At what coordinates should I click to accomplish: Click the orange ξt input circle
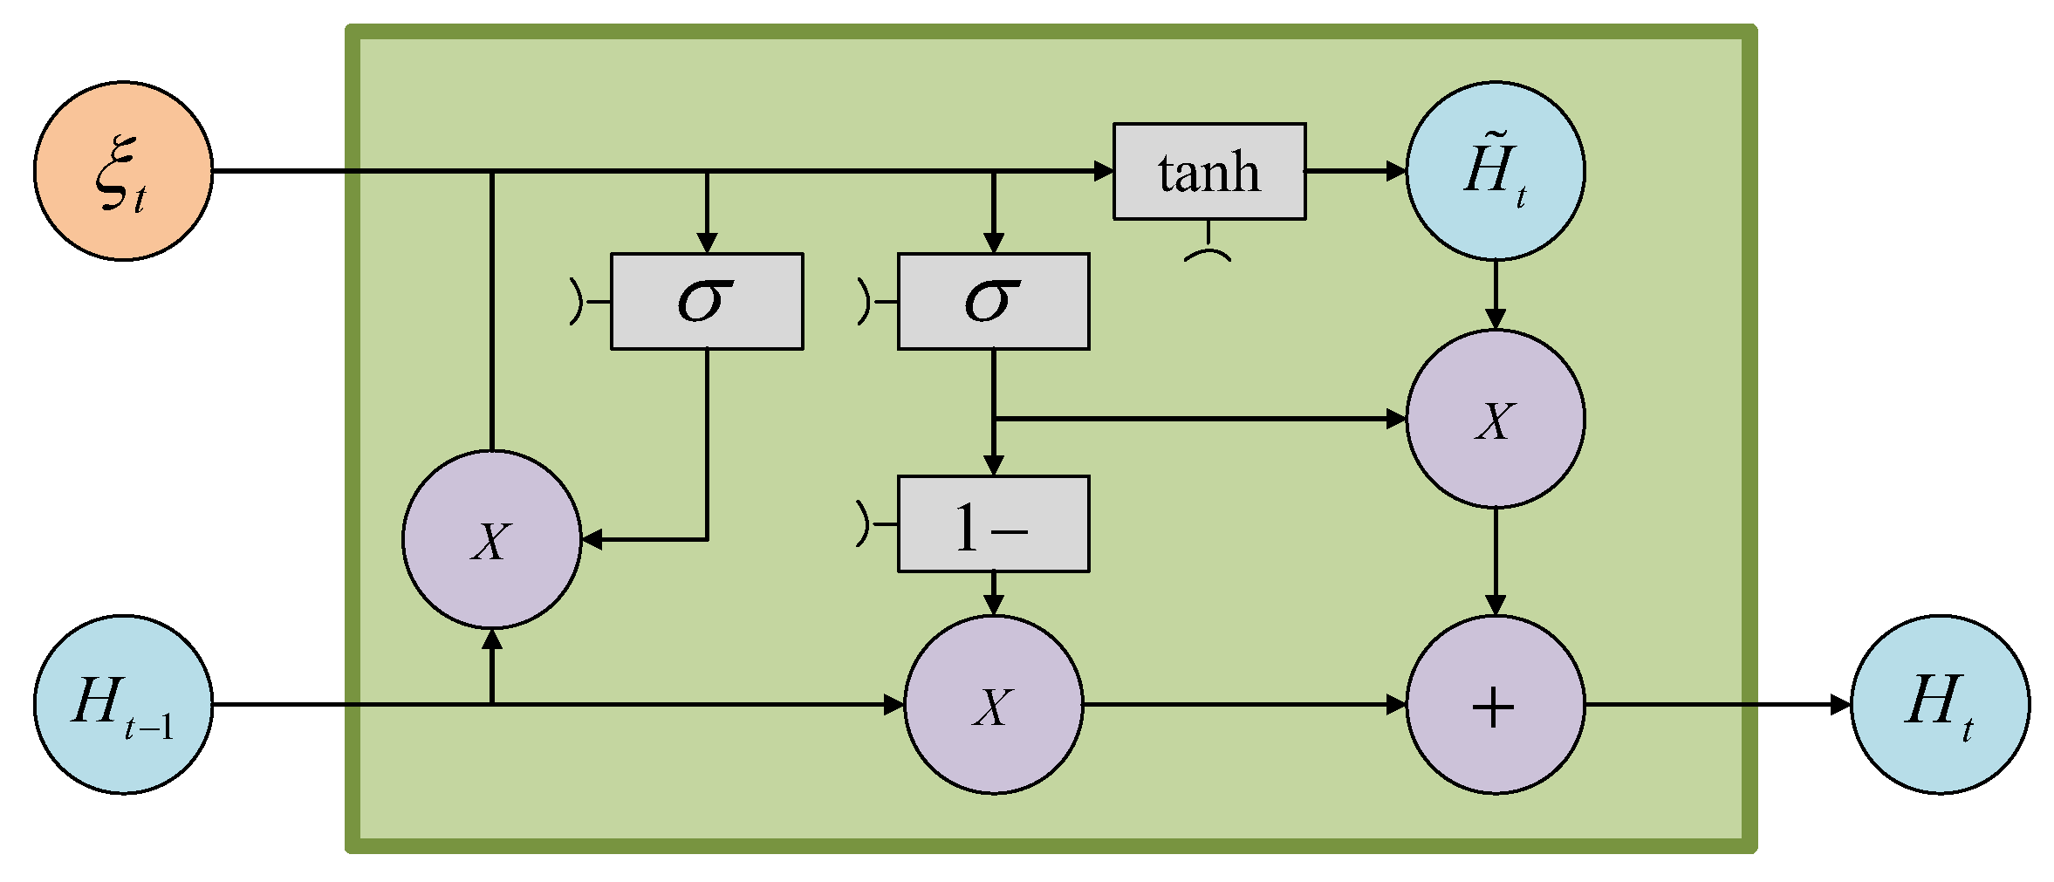(123, 171)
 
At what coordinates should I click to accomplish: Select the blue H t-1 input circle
(123, 704)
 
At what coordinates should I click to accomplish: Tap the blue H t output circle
(1940, 704)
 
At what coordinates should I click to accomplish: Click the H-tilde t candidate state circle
(1496, 171)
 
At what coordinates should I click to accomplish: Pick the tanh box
(1209, 171)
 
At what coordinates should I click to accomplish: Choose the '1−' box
(993, 524)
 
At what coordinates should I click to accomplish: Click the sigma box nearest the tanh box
(993, 302)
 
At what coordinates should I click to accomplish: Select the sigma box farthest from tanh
(707, 302)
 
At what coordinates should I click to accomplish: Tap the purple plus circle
(1496, 704)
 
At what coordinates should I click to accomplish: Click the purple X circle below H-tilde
(1496, 419)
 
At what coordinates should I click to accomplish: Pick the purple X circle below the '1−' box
(993, 704)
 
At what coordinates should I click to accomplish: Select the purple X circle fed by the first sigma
(491, 539)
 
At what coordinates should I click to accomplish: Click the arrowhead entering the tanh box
(1104, 171)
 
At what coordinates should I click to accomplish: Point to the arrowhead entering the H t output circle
(1839, 704)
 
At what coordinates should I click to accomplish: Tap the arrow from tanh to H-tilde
(1357, 171)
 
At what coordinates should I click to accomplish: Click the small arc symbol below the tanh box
(1208, 254)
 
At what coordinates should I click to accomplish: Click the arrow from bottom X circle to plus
(1243, 704)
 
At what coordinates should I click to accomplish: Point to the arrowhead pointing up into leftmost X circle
(492, 639)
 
